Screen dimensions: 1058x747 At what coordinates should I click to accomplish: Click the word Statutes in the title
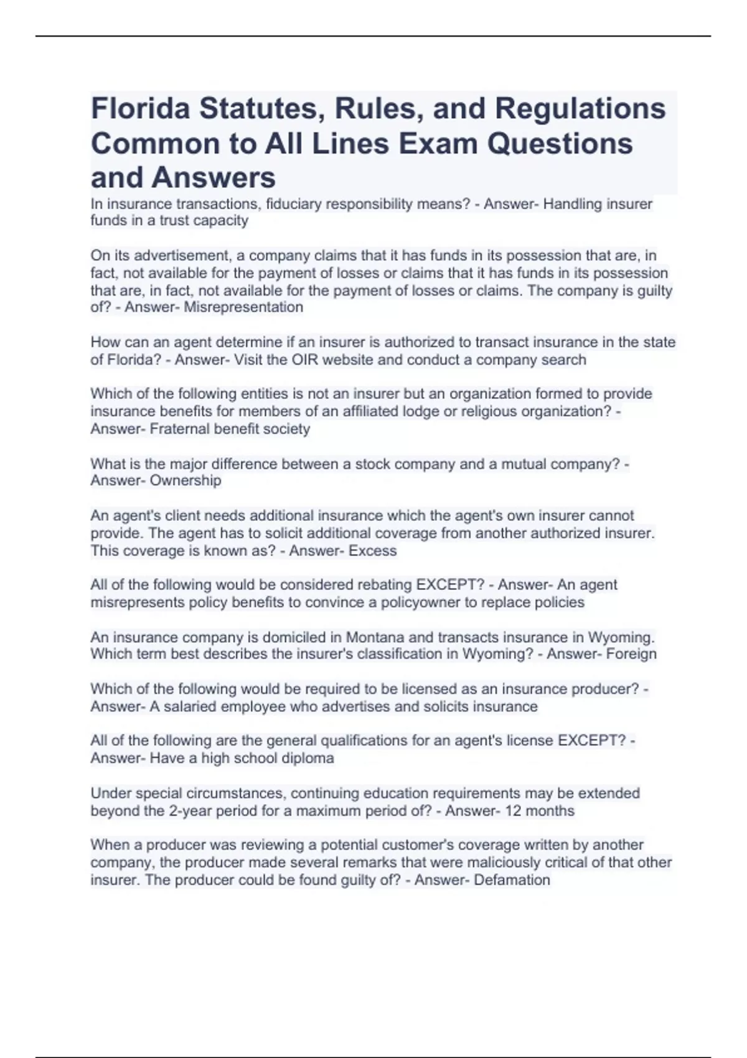point(262,108)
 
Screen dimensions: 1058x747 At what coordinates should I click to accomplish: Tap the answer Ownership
point(186,480)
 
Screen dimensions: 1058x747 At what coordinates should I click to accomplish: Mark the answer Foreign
point(631,654)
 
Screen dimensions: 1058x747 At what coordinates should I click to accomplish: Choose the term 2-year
point(190,811)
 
